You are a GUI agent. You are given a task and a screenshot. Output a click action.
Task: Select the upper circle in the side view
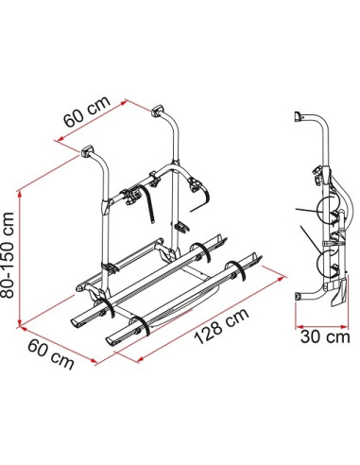pyautogui.click(x=326, y=212)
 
